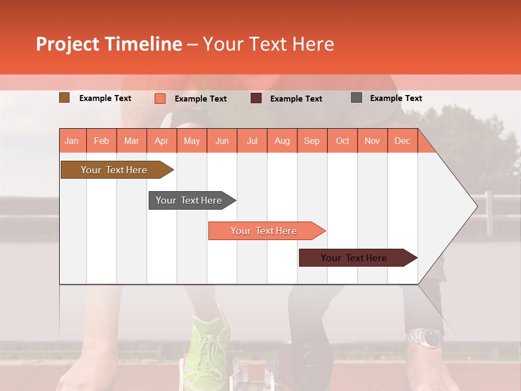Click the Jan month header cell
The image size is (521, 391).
pos(72,141)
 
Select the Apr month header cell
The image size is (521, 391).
pos(162,141)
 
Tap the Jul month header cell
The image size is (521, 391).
pos(252,141)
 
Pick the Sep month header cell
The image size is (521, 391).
pos(312,141)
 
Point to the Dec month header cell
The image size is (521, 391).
pos(402,141)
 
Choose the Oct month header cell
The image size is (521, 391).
pos(342,141)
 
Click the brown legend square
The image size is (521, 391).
pos(64,98)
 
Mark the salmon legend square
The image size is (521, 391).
pos(160,98)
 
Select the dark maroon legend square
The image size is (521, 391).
pos(256,98)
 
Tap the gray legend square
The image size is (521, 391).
pos(357,98)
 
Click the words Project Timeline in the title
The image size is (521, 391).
pos(109,44)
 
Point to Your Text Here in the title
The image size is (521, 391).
pos(268,44)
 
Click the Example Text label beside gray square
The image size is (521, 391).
pos(396,98)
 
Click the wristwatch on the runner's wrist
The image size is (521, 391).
pos(427,338)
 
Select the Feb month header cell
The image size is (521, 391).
pos(101,141)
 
